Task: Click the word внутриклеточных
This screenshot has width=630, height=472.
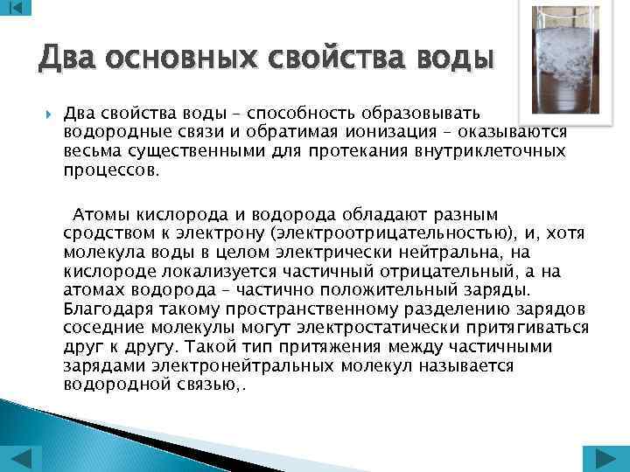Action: pyautogui.click(x=492, y=151)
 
